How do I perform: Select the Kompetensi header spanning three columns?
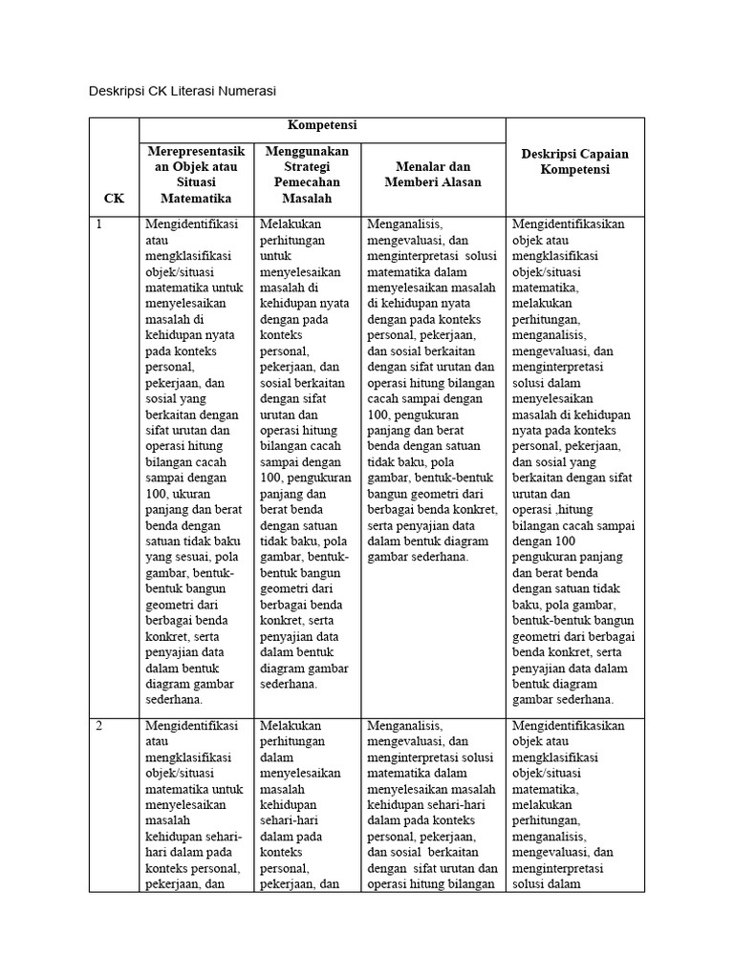322,126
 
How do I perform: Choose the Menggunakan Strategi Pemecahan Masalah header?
307,174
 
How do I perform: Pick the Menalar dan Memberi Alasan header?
432,174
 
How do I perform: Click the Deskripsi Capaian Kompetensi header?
574,161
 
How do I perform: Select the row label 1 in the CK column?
97,223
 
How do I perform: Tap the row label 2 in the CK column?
97,725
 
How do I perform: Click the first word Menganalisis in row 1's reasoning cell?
404,223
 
